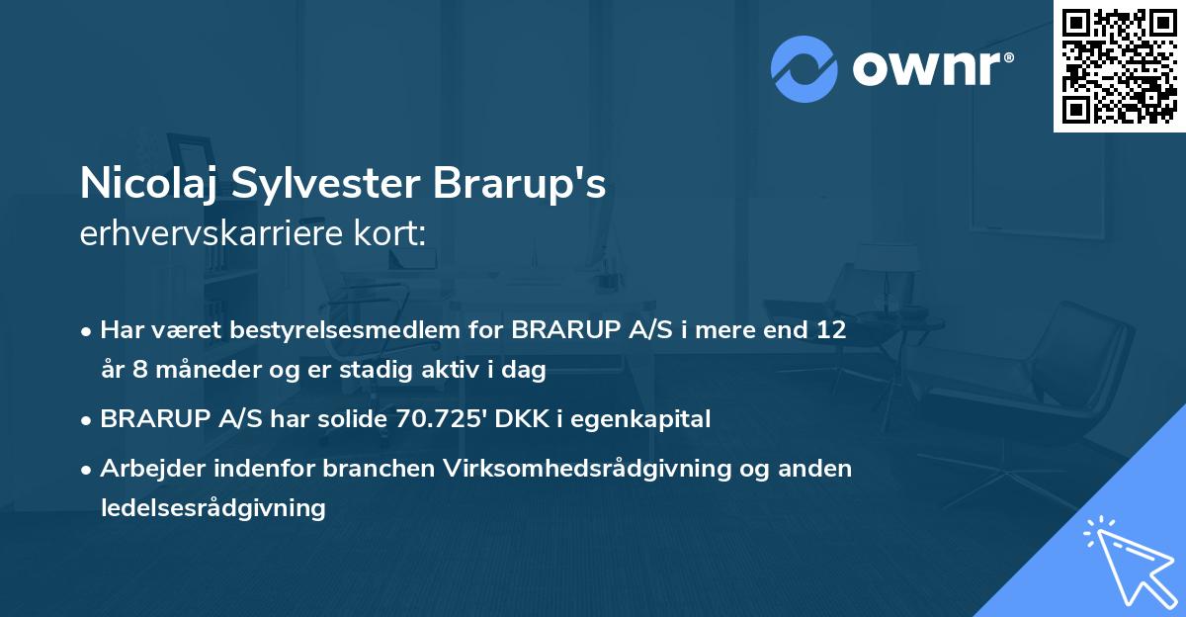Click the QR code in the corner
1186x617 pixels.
tap(1120, 66)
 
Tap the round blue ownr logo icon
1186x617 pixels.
tap(805, 68)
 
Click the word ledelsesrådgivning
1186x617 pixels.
tap(212, 508)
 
